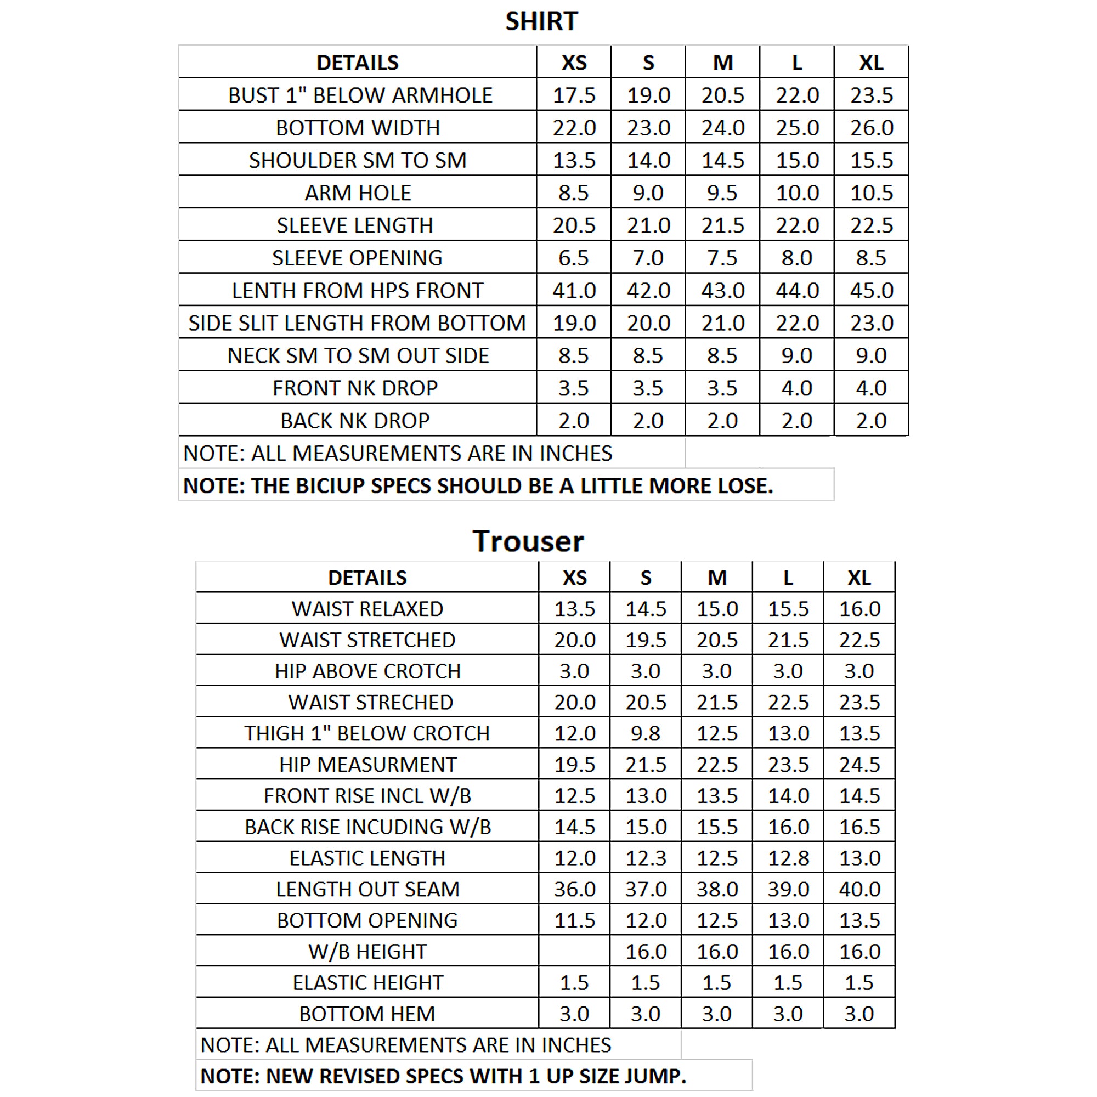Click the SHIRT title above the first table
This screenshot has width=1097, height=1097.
tap(541, 21)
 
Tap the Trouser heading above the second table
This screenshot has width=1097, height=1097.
tap(528, 541)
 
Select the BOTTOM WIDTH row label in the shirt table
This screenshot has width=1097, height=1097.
tap(358, 128)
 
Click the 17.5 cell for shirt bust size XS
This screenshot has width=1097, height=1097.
tap(574, 95)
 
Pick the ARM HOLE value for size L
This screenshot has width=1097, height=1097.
tap(796, 193)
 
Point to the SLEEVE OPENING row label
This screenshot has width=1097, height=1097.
tap(357, 258)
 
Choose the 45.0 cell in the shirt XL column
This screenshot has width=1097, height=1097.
tap(871, 291)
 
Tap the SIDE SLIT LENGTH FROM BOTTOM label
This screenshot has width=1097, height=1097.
tap(357, 323)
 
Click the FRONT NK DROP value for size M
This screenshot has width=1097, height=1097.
tap(722, 388)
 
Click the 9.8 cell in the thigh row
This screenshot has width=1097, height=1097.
tap(646, 733)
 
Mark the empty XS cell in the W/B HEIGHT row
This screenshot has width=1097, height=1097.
tap(574, 951)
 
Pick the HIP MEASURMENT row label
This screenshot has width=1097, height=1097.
tap(367, 765)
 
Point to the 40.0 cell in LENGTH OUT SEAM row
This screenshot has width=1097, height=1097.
tap(859, 889)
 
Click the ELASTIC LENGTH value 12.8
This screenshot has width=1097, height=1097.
tap(788, 858)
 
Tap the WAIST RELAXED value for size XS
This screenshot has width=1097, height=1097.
tap(574, 609)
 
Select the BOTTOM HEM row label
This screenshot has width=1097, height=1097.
tap(367, 1014)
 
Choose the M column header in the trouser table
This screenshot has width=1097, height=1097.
tap(716, 578)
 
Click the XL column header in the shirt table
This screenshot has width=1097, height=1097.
tap(871, 63)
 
